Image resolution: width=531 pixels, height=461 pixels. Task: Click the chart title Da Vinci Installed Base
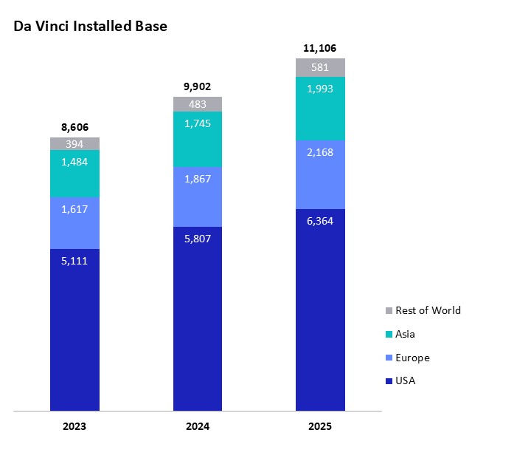click(x=90, y=27)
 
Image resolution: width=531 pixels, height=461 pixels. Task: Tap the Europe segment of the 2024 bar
click(x=198, y=197)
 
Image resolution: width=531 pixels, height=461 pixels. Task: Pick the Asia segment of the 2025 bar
click(x=320, y=109)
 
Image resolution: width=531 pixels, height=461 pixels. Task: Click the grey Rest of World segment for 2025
click(x=320, y=67)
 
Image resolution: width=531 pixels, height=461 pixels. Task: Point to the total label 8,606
click(x=74, y=127)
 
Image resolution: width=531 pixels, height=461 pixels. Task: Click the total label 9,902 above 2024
click(x=198, y=86)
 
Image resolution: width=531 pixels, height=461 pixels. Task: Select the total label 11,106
click(x=320, y=48)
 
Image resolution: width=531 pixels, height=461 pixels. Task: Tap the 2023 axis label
click(x=74, y=427)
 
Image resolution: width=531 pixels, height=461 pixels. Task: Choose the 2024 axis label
click(x=198, y=427)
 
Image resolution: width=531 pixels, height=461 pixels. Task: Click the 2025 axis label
click(x=320, y=427)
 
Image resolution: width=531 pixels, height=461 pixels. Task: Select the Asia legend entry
click(x=405, y=334)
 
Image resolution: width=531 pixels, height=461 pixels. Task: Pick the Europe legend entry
click(x=412, y=358)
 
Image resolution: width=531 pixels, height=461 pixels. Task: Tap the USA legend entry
click(x=405, y=381)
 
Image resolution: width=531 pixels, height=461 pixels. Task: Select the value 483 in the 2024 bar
click(x=198, y=104)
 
